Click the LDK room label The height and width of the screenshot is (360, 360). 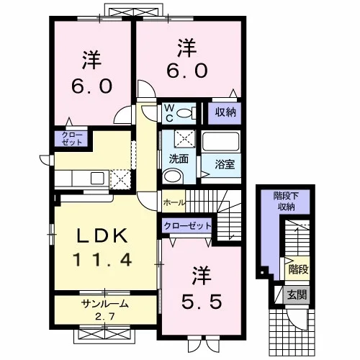point(102,236)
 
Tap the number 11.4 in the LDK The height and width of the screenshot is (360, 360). point(102,260)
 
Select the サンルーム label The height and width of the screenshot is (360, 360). point(105,304)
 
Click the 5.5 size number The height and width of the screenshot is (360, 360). point(202,302)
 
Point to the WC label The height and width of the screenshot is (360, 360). point(169,113)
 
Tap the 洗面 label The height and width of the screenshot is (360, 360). point(179,159)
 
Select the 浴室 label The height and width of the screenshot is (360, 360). point(225,164)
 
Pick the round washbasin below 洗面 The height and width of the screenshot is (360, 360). point(172,176)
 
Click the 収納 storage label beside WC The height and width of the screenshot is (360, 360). point(225,112)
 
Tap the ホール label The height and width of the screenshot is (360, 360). point(174,202)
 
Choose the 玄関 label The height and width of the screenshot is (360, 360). point(297,294)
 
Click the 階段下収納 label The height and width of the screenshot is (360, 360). point(286,201)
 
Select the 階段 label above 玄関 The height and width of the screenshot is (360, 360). point(298,269)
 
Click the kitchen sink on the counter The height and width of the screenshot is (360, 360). point(97,178)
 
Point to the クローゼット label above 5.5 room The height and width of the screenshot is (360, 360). point(187,225)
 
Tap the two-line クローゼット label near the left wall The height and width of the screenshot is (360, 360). point(71,138)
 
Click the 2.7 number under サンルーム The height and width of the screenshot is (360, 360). point(104,317)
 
